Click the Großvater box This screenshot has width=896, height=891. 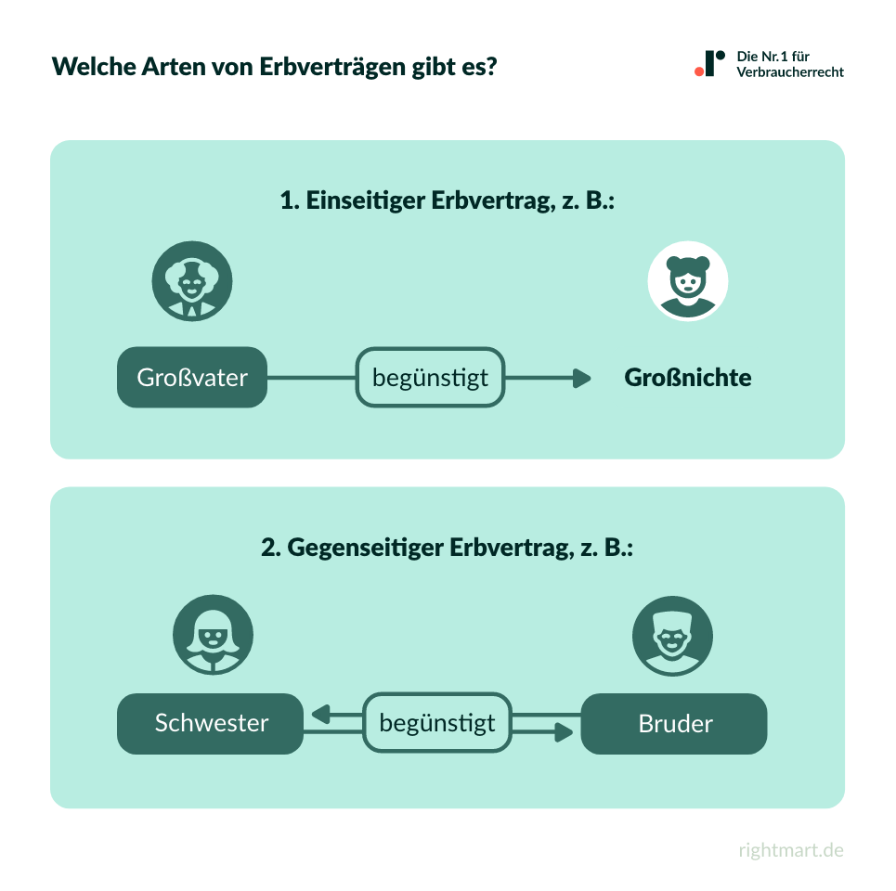pos(192,378)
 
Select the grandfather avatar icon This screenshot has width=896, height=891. pos(192,280)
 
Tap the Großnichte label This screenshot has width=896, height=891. pos(688,378)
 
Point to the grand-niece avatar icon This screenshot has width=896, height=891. pos(688,280)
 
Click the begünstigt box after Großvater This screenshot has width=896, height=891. pos(430,378)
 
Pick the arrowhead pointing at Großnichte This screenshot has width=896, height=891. pos(582,378)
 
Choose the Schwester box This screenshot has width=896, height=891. pos(211,723)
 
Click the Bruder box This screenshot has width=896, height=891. pos(674,723)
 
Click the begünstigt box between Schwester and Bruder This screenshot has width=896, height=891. pos(437,723)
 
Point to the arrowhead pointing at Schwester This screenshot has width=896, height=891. pos(321,715)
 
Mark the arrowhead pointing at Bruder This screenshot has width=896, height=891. pos(563,732)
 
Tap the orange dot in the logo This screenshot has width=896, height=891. pos(699,71)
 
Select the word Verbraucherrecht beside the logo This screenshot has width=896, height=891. pos(790,72)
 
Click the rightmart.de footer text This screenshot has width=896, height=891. pos(791,850)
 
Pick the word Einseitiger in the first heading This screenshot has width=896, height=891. pos(366,200)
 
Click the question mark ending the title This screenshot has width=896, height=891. pos(490,67)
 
